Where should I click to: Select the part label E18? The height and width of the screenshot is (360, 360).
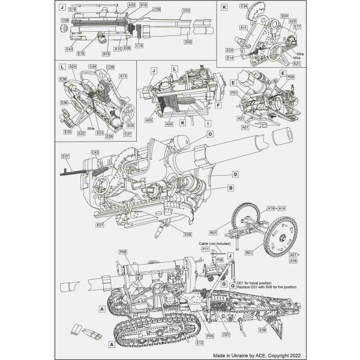coord(73,10)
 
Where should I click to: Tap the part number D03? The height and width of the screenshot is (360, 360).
coord(186,10)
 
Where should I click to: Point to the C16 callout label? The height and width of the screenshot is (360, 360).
coord(139,45)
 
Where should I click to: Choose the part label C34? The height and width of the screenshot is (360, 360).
coord(244,5)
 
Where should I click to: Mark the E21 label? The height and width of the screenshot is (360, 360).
coord(297,46)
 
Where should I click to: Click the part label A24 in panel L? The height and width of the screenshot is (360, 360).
coord(72,66)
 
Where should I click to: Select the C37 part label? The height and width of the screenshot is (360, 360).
coord(127,134)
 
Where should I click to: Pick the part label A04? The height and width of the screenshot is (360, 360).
coord(170,124)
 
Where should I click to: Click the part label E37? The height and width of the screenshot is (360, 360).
coord(65,157)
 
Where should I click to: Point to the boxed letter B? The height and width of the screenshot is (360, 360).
coord(230,188)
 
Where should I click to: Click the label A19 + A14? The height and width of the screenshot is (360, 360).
coord(277,208)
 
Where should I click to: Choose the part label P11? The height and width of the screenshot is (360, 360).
coord(205,248)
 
